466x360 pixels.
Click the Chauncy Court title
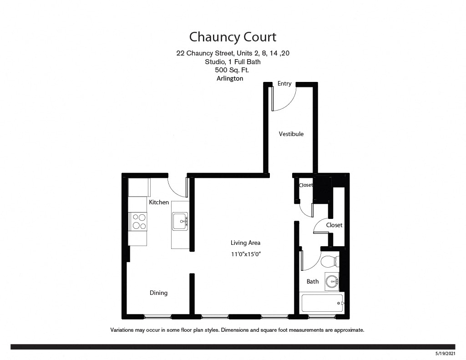(233, 36)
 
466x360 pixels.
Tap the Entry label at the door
(284, 84)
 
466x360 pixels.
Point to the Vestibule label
(291, 134)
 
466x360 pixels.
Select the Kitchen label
(159, 202)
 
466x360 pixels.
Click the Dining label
(158, 293)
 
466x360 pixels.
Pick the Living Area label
(245, 243)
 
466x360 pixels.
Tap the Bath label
(313, 281)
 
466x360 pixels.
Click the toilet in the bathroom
(330, 262)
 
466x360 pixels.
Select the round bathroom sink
(332, 281)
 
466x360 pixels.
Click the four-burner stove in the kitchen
(139, 221)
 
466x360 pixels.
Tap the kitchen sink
(180, 222)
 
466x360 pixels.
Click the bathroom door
(309, 262)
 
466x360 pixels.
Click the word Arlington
(230, 78)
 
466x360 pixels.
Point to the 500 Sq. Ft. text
(232, 70)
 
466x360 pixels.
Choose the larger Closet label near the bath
(334, 225)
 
